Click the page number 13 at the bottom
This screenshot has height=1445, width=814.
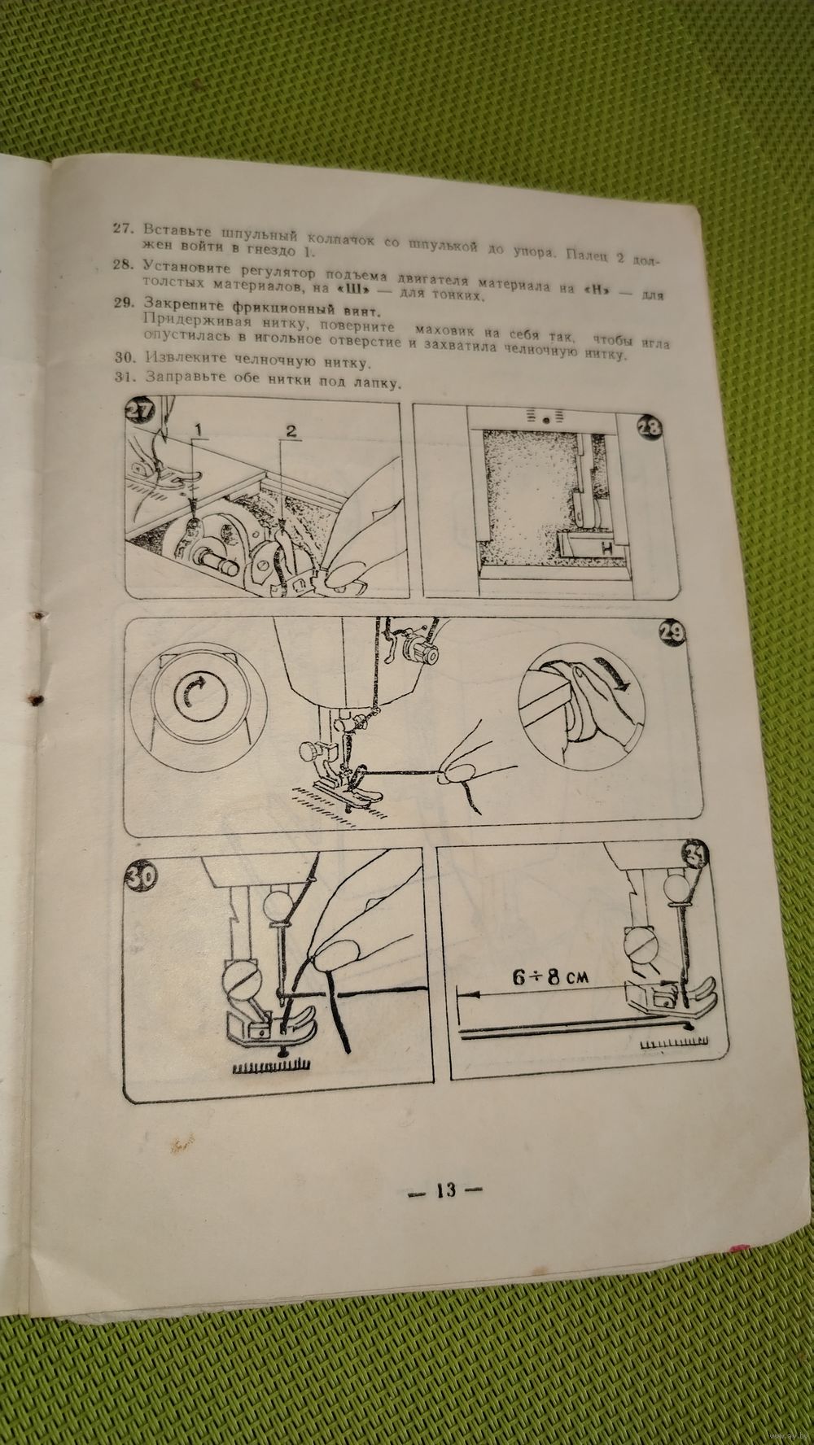pos(444,1190)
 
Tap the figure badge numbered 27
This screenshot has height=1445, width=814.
pos(141,412)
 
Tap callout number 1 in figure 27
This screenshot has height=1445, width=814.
pos(197,426)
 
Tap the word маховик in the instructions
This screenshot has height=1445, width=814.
pos(448,331)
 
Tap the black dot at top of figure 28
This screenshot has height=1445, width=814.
pos(546,419)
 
